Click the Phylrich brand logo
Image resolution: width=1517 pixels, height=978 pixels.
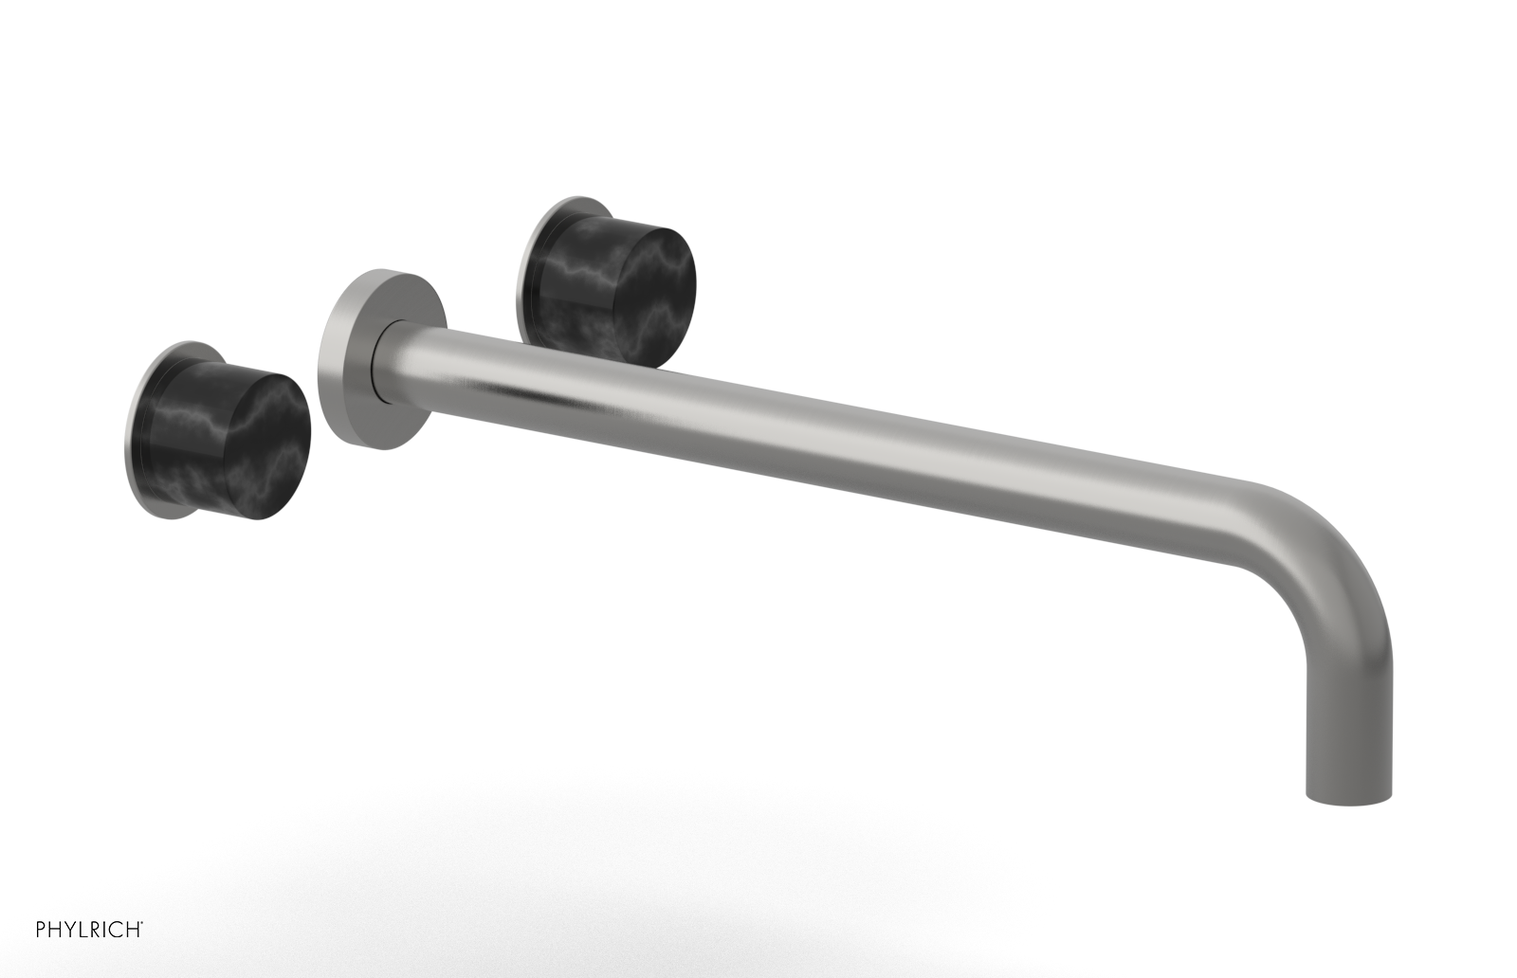pos(89,929)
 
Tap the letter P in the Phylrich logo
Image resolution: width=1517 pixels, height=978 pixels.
pos(41,930)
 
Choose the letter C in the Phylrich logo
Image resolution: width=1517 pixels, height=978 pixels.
pos(117,930)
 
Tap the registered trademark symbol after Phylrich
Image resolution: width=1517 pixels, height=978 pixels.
pos(142,923)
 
